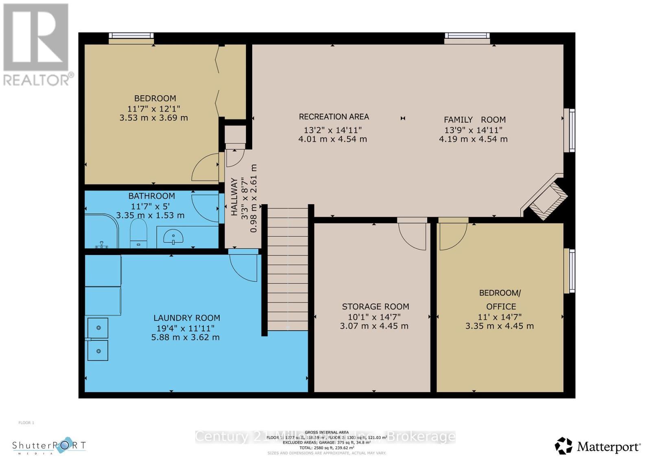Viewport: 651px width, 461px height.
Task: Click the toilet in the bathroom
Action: [x=138, y=234]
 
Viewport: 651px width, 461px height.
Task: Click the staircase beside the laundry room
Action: [x=288, y=269]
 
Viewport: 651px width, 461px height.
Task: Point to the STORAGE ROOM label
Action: [x=375, y=307]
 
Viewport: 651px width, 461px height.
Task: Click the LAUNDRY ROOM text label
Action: [x=187, y=318]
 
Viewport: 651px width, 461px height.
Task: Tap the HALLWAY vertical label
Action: [x=234, y=196]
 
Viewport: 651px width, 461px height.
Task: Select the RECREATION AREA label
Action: [x=334, y=117]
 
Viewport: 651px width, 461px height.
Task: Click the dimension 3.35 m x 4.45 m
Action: [x=499, y=326]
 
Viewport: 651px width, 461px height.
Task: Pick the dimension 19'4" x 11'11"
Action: [x=185, y=328]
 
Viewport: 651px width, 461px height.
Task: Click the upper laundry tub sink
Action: [x=98, y=328]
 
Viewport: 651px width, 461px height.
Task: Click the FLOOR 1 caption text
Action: [x=26, y=423]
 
